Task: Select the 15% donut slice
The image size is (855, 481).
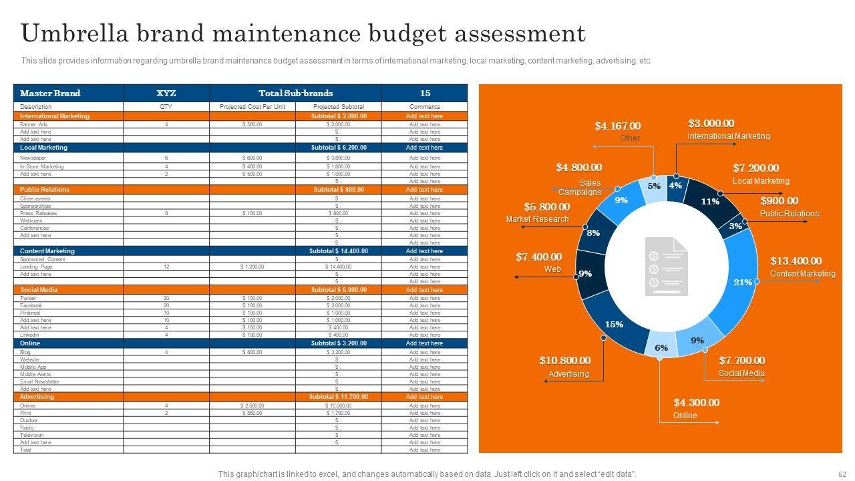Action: [613, 325]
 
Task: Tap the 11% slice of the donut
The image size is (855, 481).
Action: [709, 200]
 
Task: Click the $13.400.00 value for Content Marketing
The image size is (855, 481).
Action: [796, 261]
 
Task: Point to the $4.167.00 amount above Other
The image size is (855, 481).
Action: [617, 126]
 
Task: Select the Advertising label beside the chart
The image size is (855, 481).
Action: [568, 373]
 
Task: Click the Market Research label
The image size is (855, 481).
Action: [537, 219]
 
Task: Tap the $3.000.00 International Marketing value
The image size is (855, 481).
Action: [711, 123]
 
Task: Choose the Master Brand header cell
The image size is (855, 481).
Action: [50, 94]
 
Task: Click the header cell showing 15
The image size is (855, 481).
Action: [425, 94]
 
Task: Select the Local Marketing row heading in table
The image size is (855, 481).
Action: [43, 148]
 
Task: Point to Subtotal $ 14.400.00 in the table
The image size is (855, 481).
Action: [338, 251]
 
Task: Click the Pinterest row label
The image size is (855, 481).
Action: [30, 313]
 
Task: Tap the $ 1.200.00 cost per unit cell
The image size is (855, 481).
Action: [252, 267]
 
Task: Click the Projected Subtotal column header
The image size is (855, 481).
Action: [338, 106]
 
